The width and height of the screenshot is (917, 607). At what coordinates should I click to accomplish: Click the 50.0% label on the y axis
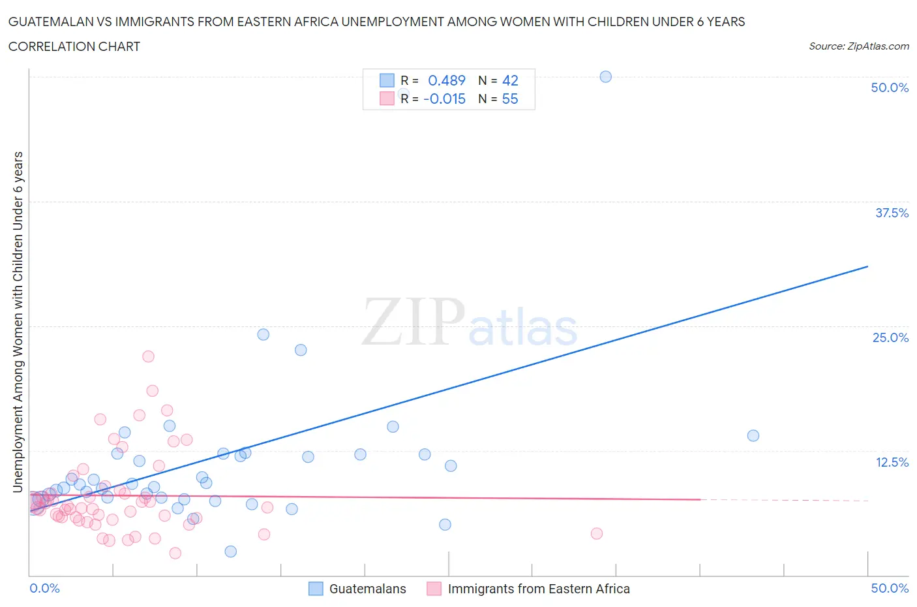click(x=890, y=87)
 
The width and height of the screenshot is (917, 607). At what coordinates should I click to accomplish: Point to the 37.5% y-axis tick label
click(x=892, y=213)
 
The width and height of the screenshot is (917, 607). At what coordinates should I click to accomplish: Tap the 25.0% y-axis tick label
click(x=890, y=337)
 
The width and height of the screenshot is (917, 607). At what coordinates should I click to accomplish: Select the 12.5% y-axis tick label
click(x=892, y=462)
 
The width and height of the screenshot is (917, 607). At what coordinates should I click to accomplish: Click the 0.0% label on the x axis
click(x=44, y=588)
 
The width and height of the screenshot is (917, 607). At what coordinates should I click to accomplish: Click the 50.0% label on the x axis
click(x=890, y=588)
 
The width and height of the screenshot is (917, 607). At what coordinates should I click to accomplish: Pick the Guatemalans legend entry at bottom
click(x=367, y=589)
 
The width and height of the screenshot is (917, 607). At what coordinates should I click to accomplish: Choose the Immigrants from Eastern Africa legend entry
click(x=538, y=589)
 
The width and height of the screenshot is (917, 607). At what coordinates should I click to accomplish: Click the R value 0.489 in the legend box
click(x=446, y=80)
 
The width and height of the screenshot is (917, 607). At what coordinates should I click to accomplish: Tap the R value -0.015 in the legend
click(x=444, y=99)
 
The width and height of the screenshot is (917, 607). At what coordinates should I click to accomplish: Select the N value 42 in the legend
click(x=510, y=80)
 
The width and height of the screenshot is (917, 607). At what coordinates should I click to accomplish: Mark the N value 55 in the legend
click(x=510, y=99)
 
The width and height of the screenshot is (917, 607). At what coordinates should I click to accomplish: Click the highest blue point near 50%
click(x=605, y=76)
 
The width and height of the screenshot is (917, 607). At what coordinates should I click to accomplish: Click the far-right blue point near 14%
click(x=753, y=435)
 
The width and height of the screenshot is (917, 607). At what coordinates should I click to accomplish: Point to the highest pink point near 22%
click(x=148, y=356)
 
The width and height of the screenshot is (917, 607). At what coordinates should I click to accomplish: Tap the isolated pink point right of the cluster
click(x=596, y=533)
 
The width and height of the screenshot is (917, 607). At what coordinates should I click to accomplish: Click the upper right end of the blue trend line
click(x=867, y=266)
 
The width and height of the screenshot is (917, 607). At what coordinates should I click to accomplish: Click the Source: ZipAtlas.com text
click(x=858, y=46)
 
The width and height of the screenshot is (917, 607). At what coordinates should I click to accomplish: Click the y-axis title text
click(x=18, y=322)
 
